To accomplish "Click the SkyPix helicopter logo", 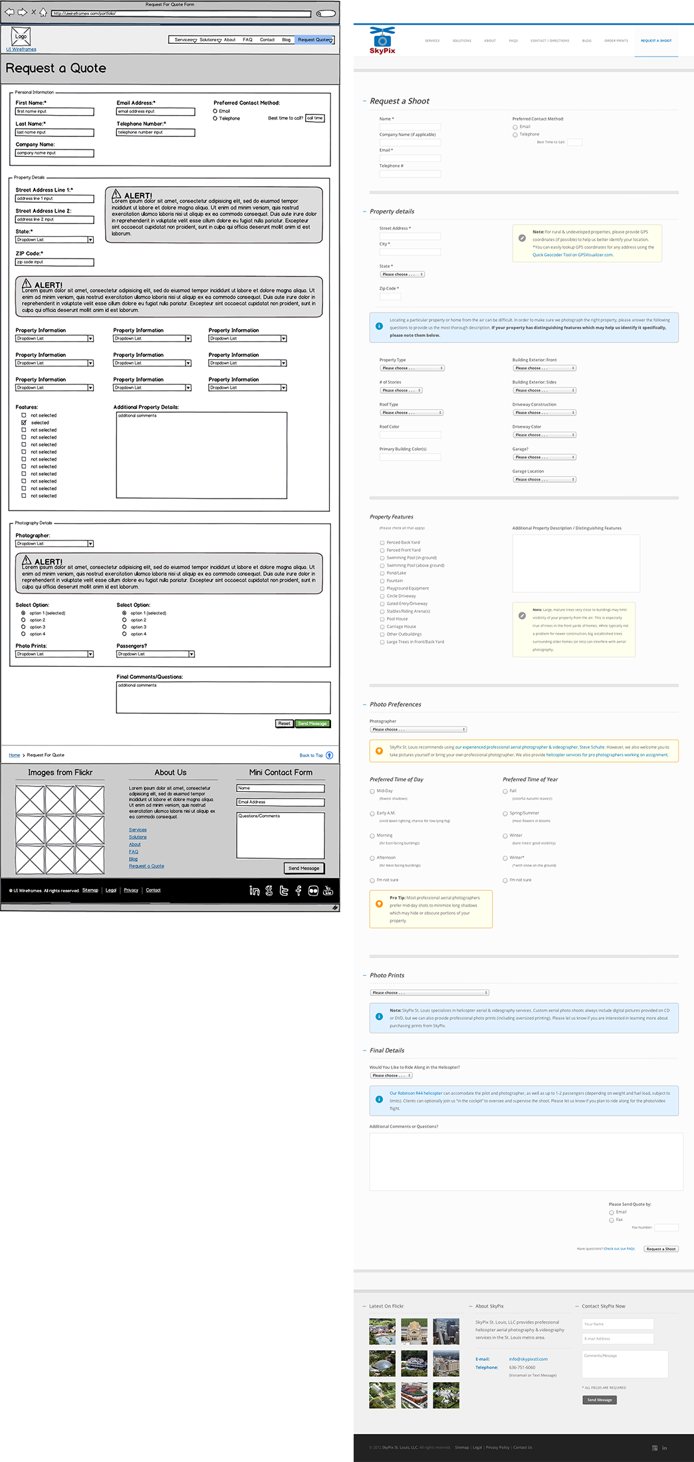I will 382,40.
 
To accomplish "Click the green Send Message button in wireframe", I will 312,723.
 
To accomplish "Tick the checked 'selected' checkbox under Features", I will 24,423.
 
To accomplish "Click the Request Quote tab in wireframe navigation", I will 314,40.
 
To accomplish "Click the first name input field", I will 55,112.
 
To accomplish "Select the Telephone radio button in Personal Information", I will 215,118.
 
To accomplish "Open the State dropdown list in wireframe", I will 55,239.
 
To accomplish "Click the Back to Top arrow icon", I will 329,755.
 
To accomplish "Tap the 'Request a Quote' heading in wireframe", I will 56,68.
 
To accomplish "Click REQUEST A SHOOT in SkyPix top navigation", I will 655,41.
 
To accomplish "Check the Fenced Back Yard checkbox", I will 382,543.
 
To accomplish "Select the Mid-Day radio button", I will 372,791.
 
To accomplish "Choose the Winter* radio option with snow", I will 505,858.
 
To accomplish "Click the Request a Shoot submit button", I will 661,1249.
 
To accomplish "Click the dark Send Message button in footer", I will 599,1400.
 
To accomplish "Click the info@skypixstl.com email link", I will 528,1359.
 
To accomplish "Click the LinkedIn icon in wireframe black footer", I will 255,891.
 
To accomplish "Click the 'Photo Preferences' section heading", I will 395,704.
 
